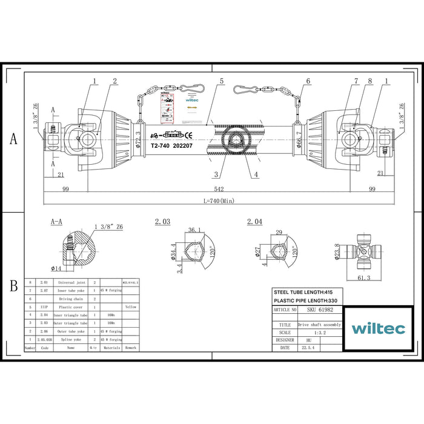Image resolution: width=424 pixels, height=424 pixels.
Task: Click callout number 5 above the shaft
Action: coord(222,81)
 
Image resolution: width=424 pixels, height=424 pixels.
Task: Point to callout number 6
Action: coord(308,81)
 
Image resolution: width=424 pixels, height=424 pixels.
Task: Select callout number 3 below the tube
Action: coord(216,175)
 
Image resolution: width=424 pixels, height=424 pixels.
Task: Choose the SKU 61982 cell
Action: coord(320,310)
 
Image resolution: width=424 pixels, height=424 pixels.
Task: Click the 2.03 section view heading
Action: coord(163,222)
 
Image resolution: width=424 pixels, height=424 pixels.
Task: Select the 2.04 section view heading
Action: coord(255,222)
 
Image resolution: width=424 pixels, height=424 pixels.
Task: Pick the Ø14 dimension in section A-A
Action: coord(56,268)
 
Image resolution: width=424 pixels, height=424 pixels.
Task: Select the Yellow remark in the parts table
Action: coord(131,306)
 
